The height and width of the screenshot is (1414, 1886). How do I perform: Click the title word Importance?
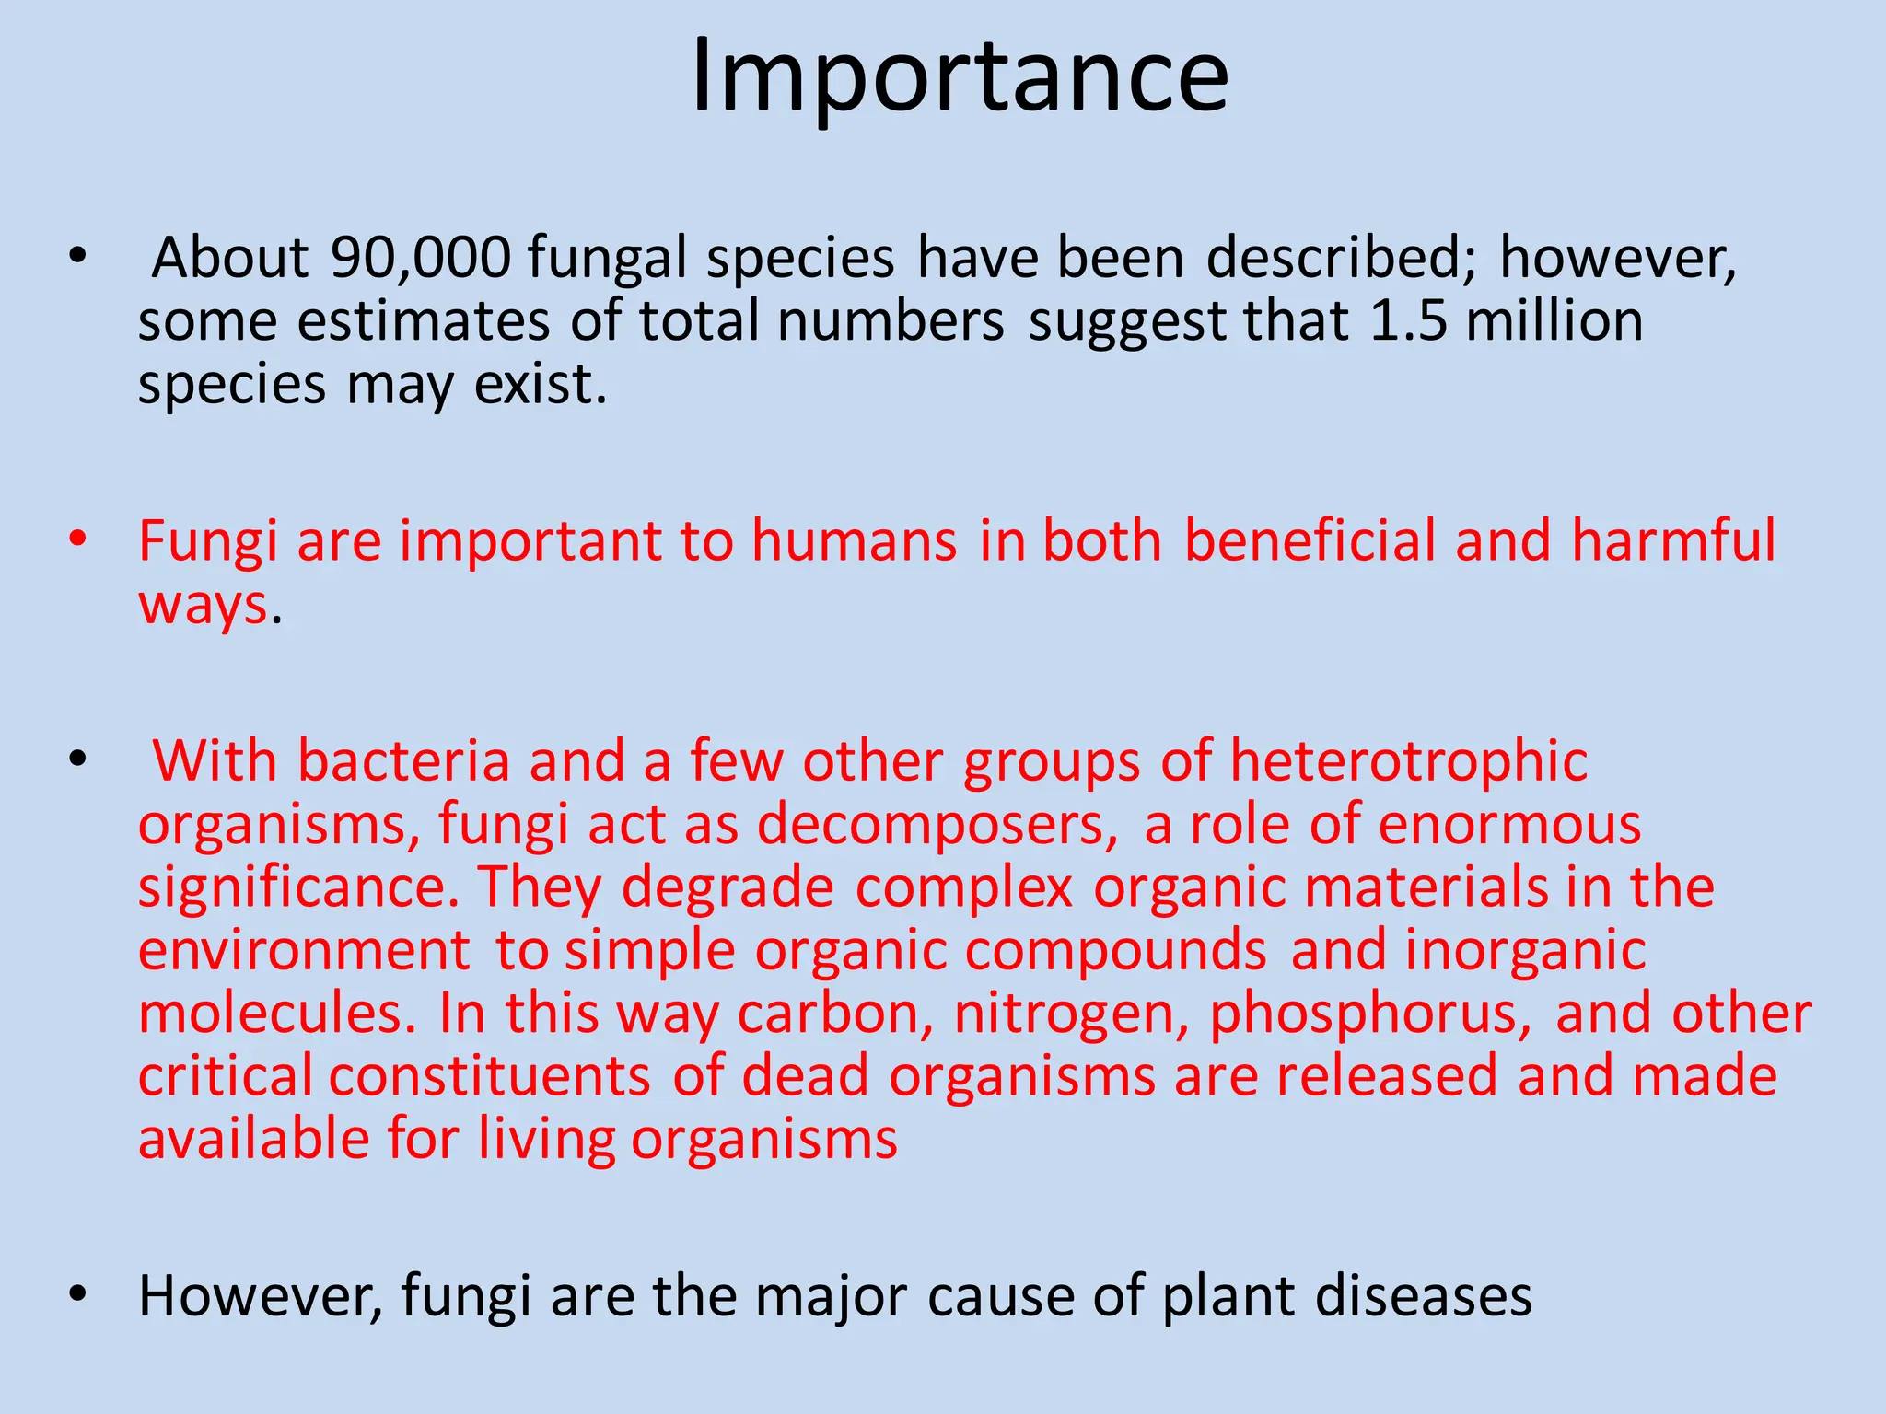tap(960, 77)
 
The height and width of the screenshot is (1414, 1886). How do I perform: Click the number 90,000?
tap(420, 258)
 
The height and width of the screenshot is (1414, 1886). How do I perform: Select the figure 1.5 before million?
tap(1408, 321)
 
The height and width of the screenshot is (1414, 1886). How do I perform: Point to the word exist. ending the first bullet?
tap(541, 384)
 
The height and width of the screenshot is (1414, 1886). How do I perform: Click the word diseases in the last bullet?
tap(1423, 1296)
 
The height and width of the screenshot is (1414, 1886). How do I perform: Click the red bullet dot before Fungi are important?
tap(77, 539)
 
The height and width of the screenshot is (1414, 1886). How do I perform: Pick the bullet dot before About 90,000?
tap(77, 256)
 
